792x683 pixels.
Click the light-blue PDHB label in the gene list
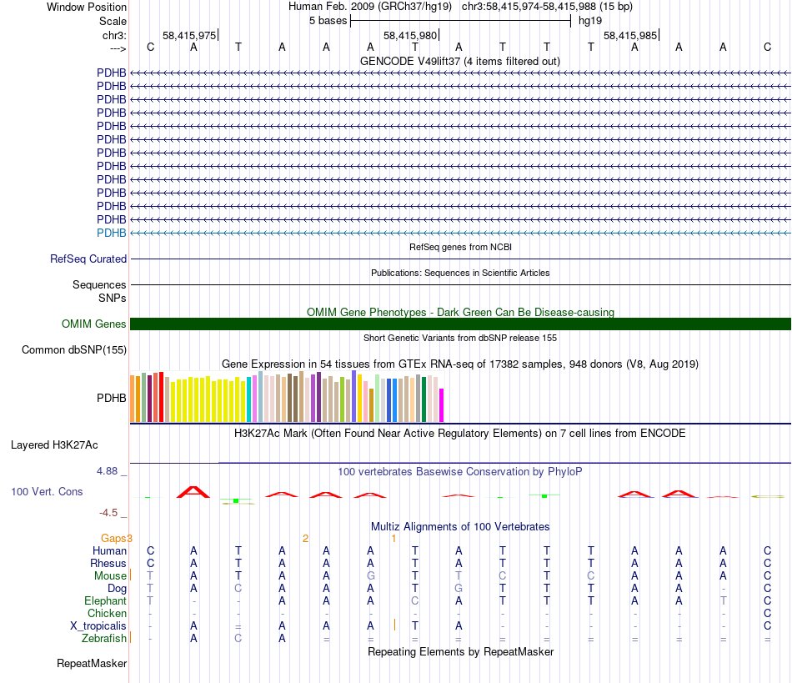(112, 233)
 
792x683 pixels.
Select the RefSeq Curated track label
(88, 259)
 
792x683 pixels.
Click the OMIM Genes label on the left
(94, 324)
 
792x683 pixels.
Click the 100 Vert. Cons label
(47, 492)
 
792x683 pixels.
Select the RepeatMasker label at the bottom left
(92, 664)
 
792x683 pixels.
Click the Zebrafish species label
(104, 639)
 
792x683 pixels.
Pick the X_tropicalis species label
(98, 625)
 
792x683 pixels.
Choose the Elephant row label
(105, 600)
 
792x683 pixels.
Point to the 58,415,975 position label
(189, 36)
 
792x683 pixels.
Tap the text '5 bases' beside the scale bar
(327, 20)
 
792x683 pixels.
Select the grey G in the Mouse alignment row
(370, 575)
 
